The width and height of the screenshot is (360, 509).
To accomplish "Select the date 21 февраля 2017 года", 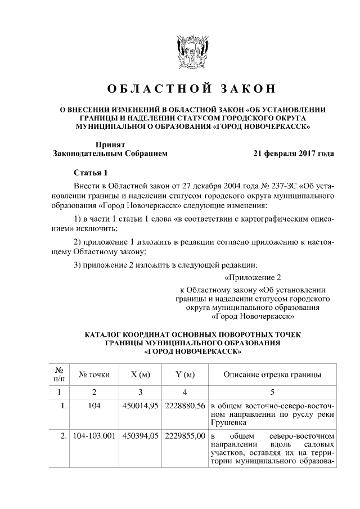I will [x=294, y=152].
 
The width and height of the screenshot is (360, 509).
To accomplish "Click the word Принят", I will [x=109, y=144].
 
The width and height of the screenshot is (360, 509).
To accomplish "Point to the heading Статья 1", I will [x=90, y=172].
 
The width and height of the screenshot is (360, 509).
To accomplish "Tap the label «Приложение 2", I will [x=251, y=277].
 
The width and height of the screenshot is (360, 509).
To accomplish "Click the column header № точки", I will [x=94, y=375].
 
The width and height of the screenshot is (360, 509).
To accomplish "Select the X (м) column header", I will [x=140, y=375].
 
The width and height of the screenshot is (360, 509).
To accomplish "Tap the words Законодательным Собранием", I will [x=110, y=153].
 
